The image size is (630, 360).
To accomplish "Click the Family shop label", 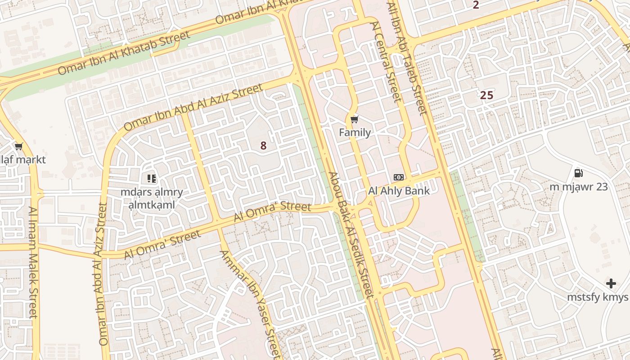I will click(x=355, y=132).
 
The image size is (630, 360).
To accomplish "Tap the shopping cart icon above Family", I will click(x=355, y=119).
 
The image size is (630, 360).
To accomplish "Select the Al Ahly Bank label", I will click(x=399, y=190).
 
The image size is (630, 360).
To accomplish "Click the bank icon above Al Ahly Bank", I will click(x=399, y=177).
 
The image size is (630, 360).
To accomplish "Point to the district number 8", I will click(x=263, y=146).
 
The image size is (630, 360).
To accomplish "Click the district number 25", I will click(x=486, y=95).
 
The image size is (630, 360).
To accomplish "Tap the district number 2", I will click(x=476, y=5).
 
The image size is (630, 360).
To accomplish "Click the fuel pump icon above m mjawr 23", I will click(x=579, y=173).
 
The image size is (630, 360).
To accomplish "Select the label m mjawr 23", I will click(x=579, y=186).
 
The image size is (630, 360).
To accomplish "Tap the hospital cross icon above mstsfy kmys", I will click(x=611, y=283).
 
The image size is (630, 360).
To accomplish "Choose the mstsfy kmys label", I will click(x=598, y=297).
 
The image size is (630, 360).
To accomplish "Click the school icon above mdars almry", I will click(x=152, y=179).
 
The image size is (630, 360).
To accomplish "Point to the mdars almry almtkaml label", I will click(x=152, y=198).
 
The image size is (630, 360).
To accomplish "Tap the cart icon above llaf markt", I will click(x=19, y=147).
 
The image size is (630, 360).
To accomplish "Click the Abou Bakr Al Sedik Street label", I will click(x=351, y=235).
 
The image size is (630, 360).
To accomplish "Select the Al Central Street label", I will click(x=386, y=62).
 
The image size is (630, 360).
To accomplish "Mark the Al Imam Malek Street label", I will click(x=33, y=262).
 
